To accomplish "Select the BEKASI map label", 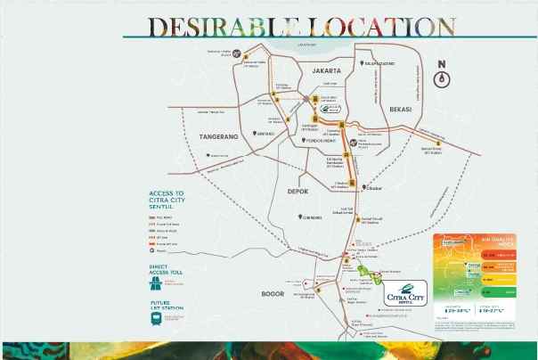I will [x=403, y=109].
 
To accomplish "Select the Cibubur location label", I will [x=372, y=187].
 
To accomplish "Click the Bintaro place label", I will [x=265, y=133].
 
